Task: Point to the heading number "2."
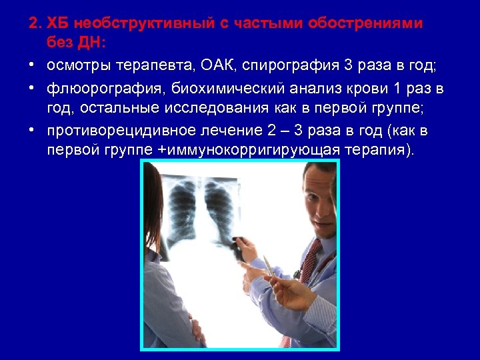pos(35,24)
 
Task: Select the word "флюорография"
pos(105,89)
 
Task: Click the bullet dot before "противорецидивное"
pos(32,129)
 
